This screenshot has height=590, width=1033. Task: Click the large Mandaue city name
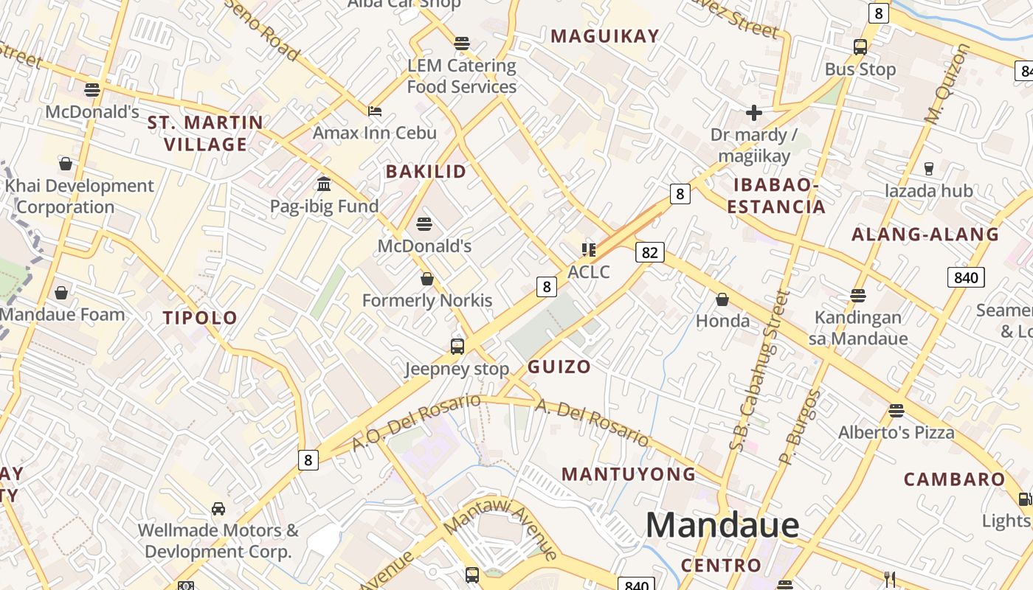(x=722, y=525)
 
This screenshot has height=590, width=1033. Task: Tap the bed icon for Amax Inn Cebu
(x=375, y=111)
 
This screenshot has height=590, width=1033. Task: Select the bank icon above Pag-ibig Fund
(x=323, y=184)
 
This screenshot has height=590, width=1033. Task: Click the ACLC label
(x=589, y=271)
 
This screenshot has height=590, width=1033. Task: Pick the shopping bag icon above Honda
(x=722, y=299)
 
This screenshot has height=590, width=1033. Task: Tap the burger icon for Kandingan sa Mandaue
(x=857, y=296)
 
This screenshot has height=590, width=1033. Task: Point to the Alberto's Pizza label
(x=896, y=432)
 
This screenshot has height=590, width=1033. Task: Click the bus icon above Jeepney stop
(x=457, y=346)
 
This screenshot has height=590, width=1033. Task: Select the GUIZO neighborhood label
(x=559, y=367)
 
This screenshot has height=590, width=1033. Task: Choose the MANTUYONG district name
(x=629, y=474)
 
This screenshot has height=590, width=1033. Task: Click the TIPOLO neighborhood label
(x=200, y=318)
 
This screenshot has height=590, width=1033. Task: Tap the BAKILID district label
(x=426, y=172)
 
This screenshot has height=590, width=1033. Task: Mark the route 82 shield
(x=649, y=252)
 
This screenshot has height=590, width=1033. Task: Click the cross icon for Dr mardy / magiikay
(x=753, y=113)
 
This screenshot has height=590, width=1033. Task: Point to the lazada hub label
(x=929, y=191)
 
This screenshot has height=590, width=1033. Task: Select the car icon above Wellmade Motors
(x=218, y=508)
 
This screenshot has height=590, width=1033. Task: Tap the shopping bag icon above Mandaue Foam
(x=61, y=293)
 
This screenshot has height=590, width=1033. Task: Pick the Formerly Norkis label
(x=426, y=300)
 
